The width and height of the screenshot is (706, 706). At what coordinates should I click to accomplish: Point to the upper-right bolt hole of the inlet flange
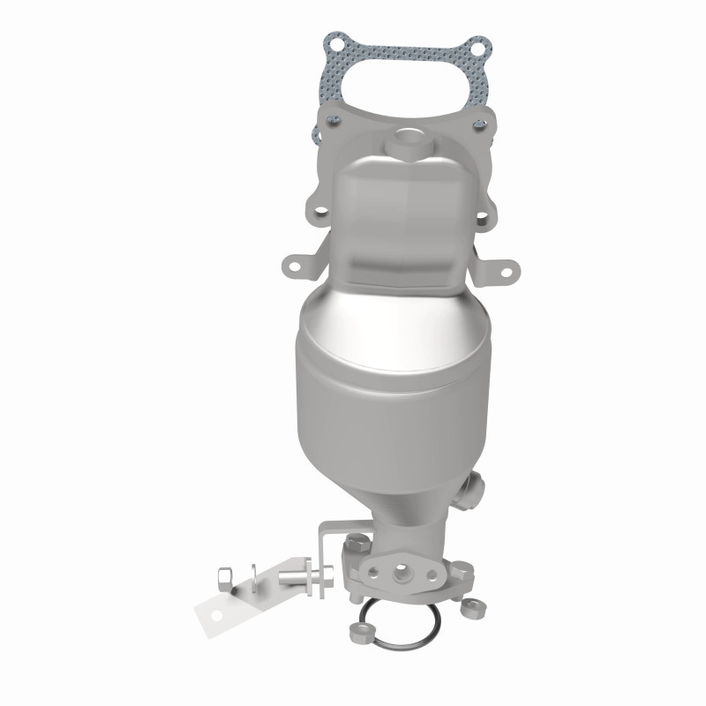click(x=481, y=124)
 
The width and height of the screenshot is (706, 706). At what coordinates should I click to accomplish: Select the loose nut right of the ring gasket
click(x=469, y=609)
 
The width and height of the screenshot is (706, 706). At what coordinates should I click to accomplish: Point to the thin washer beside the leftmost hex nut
click(x=254, y=579)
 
